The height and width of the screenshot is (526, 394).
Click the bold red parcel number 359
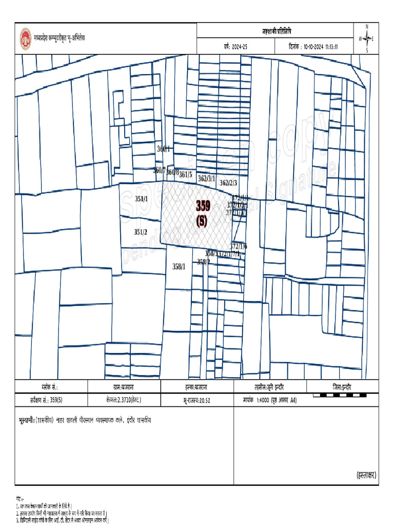point(203,206)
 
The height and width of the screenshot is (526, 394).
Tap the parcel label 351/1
point(141,199)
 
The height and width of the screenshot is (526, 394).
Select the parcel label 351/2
point(141,232)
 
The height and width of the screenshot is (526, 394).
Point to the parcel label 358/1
point(179,266)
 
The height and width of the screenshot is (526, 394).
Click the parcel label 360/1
point(163,148)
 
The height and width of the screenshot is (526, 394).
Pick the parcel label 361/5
point(185,175)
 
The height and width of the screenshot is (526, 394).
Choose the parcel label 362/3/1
point(206,178)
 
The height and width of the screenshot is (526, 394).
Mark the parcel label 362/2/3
point(228,183)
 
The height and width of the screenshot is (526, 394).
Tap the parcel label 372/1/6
point(239,246)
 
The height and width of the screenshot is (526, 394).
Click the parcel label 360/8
point(172,172)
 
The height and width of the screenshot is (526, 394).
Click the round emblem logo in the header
point(25,37)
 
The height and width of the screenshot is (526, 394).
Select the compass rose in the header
point(366,39)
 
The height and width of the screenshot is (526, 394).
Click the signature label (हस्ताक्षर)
point(366,476)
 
